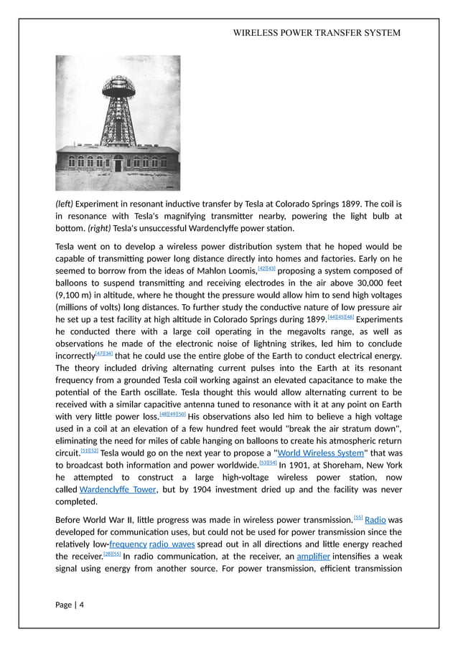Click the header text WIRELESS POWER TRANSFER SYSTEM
317,32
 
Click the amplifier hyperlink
312,556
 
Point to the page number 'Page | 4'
70,605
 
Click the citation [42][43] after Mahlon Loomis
266,269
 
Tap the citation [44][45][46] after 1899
340,317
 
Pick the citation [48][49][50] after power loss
172,414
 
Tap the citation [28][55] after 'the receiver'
112,554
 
